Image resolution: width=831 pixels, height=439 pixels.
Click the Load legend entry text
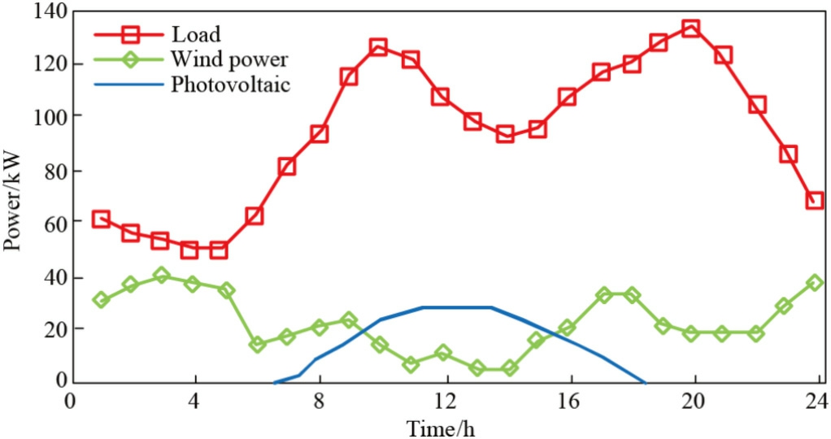(196, 34)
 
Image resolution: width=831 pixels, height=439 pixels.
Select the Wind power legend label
(229, 59)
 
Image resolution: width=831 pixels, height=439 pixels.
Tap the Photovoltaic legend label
(230, 84)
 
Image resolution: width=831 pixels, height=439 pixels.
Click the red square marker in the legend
(129, 35)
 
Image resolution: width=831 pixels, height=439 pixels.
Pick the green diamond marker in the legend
(129, 59)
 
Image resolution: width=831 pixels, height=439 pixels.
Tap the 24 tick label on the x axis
(816, 401)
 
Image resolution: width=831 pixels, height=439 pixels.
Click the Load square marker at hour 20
(691, 28)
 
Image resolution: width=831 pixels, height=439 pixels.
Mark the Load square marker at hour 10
(378, 47)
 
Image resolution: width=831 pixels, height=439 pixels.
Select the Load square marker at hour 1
(101, 219)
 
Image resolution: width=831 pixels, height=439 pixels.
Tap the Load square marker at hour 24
(815, 200)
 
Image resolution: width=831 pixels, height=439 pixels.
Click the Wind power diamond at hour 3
(162, 276)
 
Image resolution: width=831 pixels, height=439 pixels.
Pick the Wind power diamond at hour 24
(815, 283)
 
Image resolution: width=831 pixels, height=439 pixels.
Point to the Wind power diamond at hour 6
(258, 345)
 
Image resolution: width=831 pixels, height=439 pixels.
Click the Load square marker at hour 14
(505, 133)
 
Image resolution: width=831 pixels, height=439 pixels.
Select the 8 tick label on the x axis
(320, 401)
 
